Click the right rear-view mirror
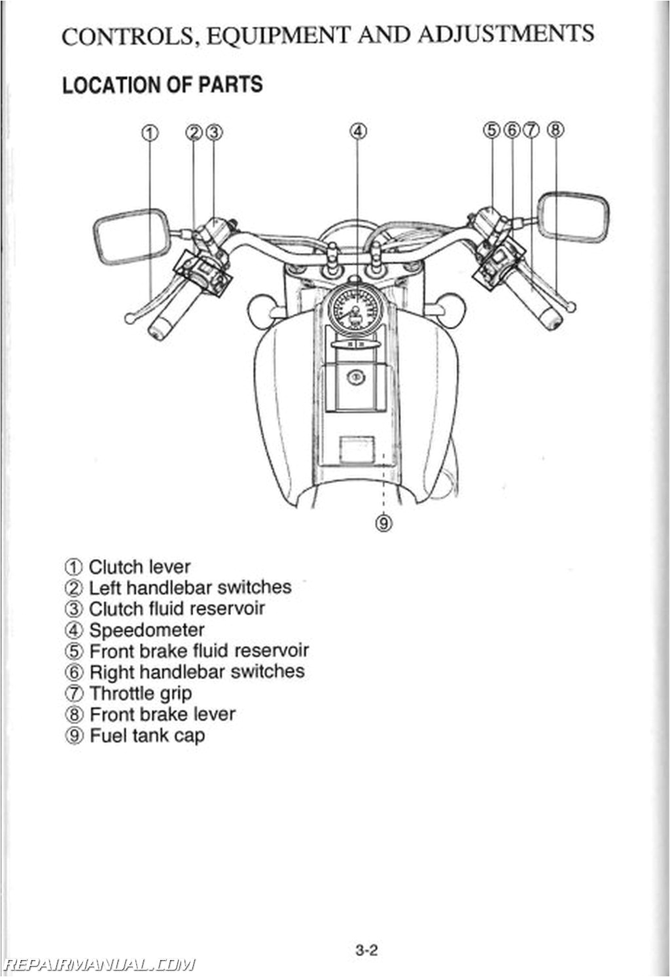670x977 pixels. [573, 217]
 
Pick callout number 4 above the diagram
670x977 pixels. [357, 131]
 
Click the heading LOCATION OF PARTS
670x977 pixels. [162, 85]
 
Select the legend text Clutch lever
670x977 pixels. [139, 566]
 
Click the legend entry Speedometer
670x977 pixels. [147, 630]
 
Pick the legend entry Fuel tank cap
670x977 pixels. [147, 735]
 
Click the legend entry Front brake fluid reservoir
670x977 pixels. [198, 651]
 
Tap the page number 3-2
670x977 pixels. [367, 950]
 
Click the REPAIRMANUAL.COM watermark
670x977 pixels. [99, 964]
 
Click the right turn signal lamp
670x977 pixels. [448, 305]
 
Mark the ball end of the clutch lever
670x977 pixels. [129, 318]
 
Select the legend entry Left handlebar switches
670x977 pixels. [190, 587]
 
